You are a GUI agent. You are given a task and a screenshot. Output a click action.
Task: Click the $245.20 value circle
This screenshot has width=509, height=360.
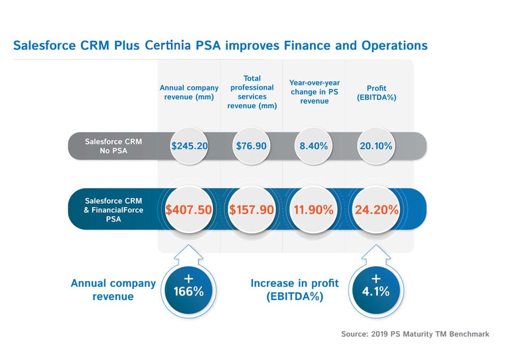[x=189, y=145]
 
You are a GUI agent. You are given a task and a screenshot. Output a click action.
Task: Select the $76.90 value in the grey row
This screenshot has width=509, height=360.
[x=251, y=145]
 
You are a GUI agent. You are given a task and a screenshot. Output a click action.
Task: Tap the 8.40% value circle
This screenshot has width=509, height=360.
[x=313, y=145]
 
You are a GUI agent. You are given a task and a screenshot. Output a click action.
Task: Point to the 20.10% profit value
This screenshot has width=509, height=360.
[x=376, y=145]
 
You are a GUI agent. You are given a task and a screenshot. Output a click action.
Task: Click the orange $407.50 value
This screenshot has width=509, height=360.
[x=189, y=209]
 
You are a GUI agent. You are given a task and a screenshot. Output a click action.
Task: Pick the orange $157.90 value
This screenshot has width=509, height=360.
[x=251, y=209]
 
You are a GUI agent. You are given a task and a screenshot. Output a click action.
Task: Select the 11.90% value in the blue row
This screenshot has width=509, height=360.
[x=313, y=209]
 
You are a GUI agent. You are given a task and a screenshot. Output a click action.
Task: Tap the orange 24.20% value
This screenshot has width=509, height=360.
[x=376, y=209]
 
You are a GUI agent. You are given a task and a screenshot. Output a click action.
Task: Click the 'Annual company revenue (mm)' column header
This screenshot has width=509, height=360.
[x=189, y=92]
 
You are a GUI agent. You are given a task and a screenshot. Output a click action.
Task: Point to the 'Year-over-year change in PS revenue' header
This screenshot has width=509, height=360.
[x=314, y=92]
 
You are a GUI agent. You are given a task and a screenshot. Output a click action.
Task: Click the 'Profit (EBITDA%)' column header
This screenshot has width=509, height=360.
[x=376, y=92]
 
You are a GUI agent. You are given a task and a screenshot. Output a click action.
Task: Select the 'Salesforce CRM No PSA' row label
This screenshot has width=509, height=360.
[x=114, y=145]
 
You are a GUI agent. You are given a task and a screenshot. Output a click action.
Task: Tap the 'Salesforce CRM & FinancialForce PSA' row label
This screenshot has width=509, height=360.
[x=114, y=209]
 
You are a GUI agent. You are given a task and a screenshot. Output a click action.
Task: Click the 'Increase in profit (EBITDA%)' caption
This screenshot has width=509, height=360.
[x=295, y=289]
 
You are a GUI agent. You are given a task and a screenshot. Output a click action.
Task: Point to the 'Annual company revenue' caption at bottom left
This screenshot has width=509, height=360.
[x=113, y=289]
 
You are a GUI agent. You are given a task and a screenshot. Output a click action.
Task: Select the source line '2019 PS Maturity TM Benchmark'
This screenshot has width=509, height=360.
[x=415, y=334]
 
